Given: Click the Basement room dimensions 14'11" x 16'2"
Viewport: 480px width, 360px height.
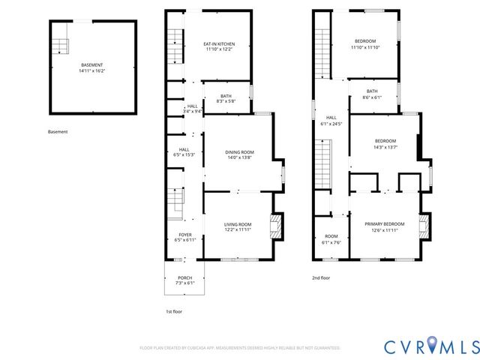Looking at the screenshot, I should tap(93, 71).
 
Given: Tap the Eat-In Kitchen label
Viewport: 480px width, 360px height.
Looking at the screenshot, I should tap(218, 46).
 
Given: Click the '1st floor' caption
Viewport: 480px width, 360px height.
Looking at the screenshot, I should tap(174, 310).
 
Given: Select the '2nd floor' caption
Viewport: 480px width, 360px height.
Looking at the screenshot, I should tap(321, 277).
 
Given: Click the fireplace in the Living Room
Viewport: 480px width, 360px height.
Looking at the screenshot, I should tap(277, 226).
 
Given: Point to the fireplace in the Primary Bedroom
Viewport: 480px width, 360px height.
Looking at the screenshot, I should tap(425, 226).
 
